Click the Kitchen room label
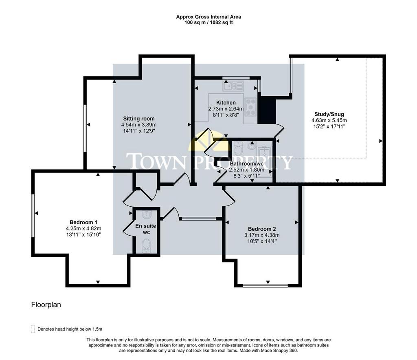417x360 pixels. coord(226,102)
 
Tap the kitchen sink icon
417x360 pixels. coord(233,86)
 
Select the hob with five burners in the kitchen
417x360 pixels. coord(250,107)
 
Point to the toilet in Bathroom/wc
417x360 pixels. coord(239,149)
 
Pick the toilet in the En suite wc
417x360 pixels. coord(146,245)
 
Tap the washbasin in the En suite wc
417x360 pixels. coord(146,214)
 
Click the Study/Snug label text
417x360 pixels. coord(329,114)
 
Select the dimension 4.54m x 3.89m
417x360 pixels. coord(139,125)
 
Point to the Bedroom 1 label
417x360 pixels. coord(83,222)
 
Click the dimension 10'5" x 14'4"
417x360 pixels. coord(262,241)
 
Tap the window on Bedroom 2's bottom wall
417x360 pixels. coord(265,285)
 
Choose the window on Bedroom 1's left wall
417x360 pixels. coord(33,216)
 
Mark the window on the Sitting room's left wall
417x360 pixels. coord(85,128)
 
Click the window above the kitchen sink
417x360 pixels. coord(236,78)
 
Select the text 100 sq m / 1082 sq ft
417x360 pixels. coord(208,22)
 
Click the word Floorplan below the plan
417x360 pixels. coord(46,305)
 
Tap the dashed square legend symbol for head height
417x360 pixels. coord(33,329)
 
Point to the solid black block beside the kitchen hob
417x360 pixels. coord(267,110)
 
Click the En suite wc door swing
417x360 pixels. coord(129,224)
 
